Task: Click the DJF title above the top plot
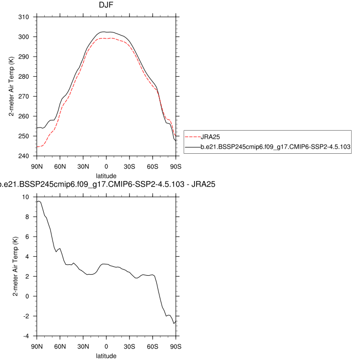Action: pyautogui.click(x=106, y=5)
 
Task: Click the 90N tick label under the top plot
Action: pyautogui.click(x=37, y=166)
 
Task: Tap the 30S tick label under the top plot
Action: pyautogui.click(x=130, y=166)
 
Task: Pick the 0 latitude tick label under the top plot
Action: pyautogui.click(x=106, y=166)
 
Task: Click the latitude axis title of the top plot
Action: pyautogui.click(x=106, y=175)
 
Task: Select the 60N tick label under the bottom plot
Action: pyautogui.click(x=60, y=346)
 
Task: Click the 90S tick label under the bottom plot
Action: pyautogui.click(x=176, y=346)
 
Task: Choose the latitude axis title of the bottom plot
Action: pyautogui.click(x=106, y=355)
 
